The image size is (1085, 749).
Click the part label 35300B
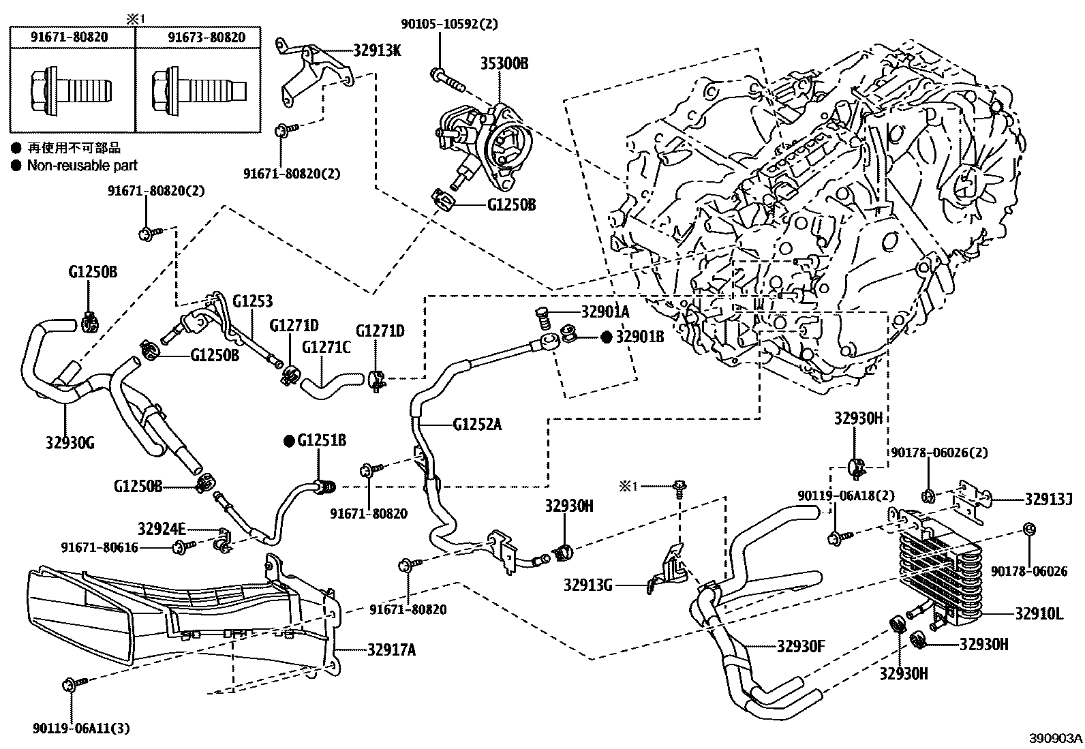point(504,64)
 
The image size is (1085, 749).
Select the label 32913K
point(377,49)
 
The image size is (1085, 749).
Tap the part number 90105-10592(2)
point(449,24)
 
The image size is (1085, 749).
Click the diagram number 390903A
point(1056,738)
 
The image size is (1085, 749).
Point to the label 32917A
point(391,649)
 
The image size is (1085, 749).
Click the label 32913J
point(1048,500)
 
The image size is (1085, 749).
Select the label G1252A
point(477,425)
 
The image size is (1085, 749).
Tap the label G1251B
point(321,441)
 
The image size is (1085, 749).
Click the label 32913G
point(588,583)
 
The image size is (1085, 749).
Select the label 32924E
point(162,528)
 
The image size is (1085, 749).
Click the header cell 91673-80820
point(207,37)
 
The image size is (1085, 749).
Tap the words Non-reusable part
point(82,165)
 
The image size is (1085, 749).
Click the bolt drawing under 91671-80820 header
point(71,90)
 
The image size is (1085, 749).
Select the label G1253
point(252,301)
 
